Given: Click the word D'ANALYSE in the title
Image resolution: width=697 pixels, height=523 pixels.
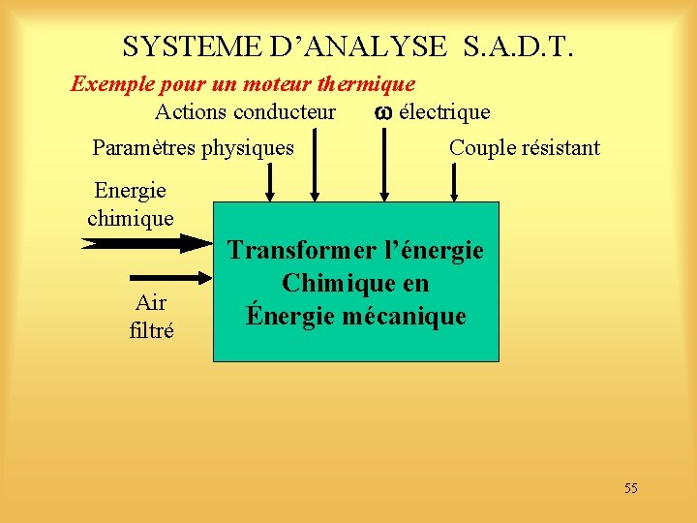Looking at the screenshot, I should click(x=360, y=46).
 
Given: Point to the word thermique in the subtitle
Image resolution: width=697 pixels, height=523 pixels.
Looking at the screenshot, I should click(x=370, y=84).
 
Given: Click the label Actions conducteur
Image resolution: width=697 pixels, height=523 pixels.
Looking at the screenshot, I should click(x=245, y=112).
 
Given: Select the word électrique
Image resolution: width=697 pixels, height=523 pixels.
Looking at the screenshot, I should click(x=444, y=112).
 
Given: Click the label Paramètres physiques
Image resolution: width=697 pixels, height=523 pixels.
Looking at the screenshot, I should click(x=193, y=148).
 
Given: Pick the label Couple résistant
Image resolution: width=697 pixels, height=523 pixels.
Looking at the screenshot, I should click(x=524, y=148).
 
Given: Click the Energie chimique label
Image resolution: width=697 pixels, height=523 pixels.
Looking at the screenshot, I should click(x=131, y=204).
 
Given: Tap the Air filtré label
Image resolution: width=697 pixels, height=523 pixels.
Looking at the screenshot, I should click(x=151, y=317).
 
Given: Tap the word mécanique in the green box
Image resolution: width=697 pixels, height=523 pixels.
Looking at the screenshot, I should click(x=411, y=316).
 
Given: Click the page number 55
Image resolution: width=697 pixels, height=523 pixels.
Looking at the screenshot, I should click(x=630, y=488).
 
